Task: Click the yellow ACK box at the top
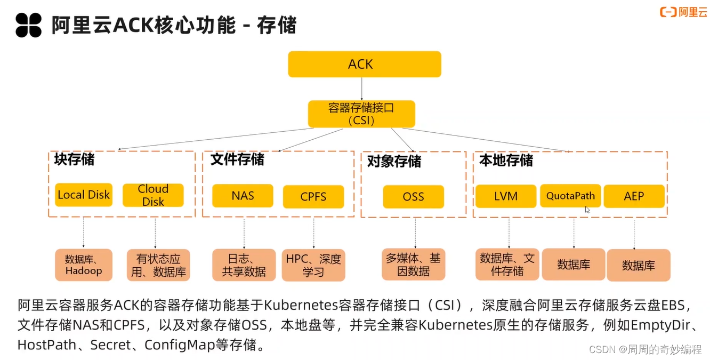[x=364, y=65]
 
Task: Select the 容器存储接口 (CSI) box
[x=361, y=114]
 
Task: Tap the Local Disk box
[x=84, y=195]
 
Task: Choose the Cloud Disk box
[x=153, y=195]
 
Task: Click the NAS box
[x=243, y=196]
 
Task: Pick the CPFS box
[x=313, y=197]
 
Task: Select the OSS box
[x=413, y=197]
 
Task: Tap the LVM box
[x=505, y=196]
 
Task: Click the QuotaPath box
[x=570, y=196]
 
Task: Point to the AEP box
[x=634, y=196]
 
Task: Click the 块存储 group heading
[x=74, y=159]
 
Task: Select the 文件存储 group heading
[x=237, y=159]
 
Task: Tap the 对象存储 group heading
[x=394, y=162]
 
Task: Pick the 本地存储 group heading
[x=506, y=161]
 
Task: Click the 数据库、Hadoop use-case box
[x=84, y=265]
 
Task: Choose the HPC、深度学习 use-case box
[x=313, y=265]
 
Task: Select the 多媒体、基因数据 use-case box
[x=413, y=265]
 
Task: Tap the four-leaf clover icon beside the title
[x=28, y=25]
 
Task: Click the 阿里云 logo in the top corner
[x=683, y=12]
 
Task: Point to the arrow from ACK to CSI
[x=362, y=89]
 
